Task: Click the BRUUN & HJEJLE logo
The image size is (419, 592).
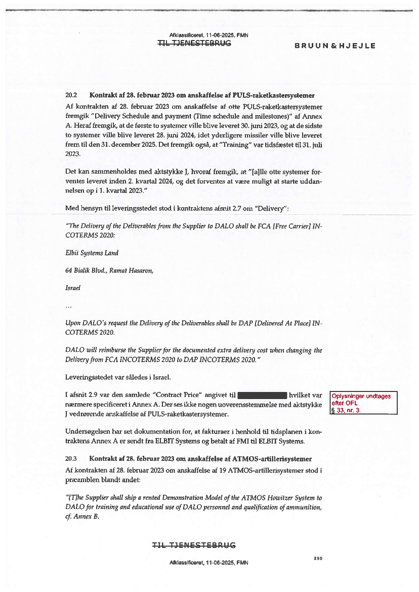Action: [335, 46]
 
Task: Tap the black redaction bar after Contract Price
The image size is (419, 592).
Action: [262, 394]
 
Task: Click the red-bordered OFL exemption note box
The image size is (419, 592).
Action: [363, 403]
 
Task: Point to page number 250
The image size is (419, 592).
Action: [318, 558]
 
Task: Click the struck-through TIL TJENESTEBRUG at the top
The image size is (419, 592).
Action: [194, 44]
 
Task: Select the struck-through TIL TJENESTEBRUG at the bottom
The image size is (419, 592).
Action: [194, 545]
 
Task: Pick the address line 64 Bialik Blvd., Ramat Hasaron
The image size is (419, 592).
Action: [109, 270]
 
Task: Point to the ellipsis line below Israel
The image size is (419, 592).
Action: [69, 305]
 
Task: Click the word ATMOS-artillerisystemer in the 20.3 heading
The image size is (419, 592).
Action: [278, 459]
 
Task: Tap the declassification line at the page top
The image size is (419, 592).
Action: [208, 35]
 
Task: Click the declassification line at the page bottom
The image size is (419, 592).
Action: [208, 563]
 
